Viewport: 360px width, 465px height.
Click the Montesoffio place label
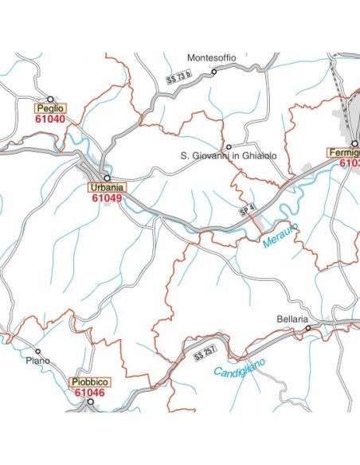click(211, 57)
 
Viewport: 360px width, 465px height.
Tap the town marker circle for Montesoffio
click(213, 72)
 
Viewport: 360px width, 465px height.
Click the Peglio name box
click(49, 107)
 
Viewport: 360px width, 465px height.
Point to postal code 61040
click(49, 119)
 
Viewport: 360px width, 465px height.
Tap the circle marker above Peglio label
click(50, 98)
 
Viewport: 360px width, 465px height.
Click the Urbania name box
click(106, 188)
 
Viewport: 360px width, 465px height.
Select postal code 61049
click(106, 199)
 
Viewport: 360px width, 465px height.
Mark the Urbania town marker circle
click(106, 178)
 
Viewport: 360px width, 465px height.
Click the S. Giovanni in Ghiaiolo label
click(229, 156)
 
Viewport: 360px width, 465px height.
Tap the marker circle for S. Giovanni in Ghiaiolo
click(229, 147)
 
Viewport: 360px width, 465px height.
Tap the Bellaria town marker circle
click(308, 326)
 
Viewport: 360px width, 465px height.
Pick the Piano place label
click(37, 361)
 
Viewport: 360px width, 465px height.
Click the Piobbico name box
click(89, 381)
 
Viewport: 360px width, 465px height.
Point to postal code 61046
click(89, 392)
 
